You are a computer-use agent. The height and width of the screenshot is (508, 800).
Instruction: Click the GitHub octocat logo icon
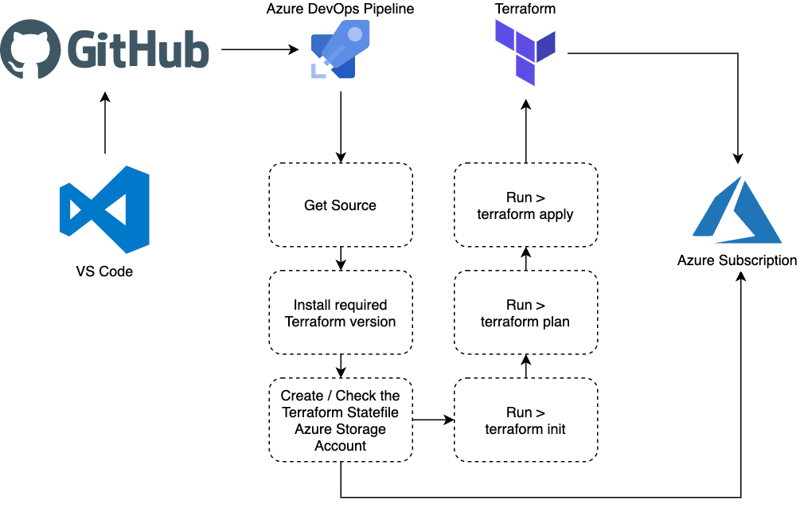pos(30,49)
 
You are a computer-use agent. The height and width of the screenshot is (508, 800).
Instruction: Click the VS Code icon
pos(105,210)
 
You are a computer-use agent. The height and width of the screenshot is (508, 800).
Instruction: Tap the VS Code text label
pos(105,273)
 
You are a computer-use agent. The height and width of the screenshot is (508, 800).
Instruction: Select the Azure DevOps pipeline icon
pos(341,50)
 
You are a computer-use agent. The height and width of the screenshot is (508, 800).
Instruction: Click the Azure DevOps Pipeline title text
pos(340,10)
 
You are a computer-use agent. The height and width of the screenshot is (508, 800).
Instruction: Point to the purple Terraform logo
pos(525,53)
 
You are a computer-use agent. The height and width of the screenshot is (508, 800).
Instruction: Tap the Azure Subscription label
pos(737,260)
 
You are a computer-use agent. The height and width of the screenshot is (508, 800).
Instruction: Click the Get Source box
pos(341,205)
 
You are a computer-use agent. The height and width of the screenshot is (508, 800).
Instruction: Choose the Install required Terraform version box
pos(341,313)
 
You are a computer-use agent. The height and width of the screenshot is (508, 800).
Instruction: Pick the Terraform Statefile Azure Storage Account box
pos(341,420)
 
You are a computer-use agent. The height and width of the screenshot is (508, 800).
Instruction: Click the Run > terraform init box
pos(525,420)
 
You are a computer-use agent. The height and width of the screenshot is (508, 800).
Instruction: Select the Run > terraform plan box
pos(525,313)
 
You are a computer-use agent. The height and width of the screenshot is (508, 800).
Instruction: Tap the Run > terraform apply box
pos(525,205)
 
